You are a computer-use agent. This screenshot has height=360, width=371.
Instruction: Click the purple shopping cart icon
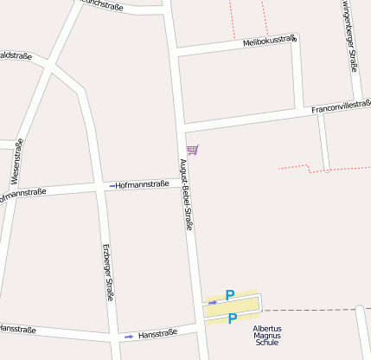[x=192, y=150]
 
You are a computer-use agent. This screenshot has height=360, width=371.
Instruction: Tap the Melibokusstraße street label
[x=269, y=40]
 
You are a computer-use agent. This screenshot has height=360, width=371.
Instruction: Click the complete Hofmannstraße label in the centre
[x=142, y=184]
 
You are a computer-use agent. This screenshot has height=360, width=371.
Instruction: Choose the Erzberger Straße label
[x=107, y=272]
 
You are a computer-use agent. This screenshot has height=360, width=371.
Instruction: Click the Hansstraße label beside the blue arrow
[x=157, y=333]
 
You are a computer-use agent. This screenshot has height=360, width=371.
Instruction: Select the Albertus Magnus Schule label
[x=267, y=336]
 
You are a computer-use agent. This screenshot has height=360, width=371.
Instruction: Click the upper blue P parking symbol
[x=230, y=296]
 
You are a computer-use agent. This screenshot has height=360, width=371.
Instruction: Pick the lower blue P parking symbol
[x=232, y=318]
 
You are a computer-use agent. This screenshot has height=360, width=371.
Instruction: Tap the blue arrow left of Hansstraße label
[x=129, y=336]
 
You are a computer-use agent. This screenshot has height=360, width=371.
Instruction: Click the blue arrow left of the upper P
[x=212, y=302]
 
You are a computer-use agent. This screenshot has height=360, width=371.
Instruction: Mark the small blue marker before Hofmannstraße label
[x=112, y=185]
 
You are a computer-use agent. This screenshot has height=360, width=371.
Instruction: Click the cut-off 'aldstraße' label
[x=15, y=56]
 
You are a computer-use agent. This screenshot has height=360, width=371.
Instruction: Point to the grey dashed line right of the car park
[x=311, y=309]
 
